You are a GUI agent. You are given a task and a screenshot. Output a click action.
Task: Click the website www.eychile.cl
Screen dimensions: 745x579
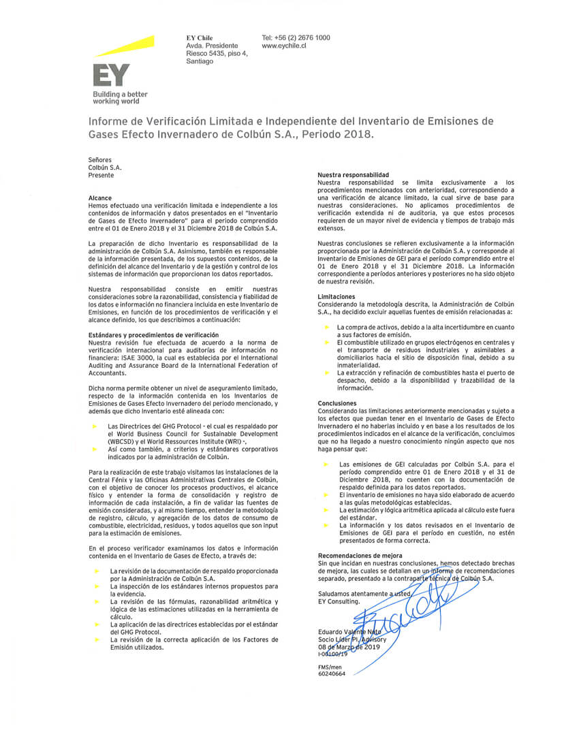[x=283, y=46]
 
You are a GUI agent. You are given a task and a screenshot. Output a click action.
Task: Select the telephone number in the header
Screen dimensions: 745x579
[x=296, y=37]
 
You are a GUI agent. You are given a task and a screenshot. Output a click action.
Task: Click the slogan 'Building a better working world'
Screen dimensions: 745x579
[x=120, y=97]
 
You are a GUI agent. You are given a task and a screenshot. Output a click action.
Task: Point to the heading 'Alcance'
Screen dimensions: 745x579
[x=100, y=198]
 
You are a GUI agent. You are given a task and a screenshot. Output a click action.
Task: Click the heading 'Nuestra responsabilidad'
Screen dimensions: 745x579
[x=353, y=175]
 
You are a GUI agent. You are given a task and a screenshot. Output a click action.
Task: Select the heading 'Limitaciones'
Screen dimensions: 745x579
[x=337, y=297]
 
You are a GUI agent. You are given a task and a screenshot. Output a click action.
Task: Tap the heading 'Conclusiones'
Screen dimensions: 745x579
[x=337, y=402]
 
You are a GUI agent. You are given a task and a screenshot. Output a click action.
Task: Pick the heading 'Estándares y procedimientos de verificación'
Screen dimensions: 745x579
[x=154, y=335]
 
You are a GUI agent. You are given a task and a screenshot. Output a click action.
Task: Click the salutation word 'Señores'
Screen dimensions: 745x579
[x=100, y=159]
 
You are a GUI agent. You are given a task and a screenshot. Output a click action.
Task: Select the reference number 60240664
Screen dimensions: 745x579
[x=332, y=673]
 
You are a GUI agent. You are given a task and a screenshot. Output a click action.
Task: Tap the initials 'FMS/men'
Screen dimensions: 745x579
[x=330, y=667]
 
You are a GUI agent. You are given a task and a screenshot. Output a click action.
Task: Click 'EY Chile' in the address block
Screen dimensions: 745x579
[x=200, y=37]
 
